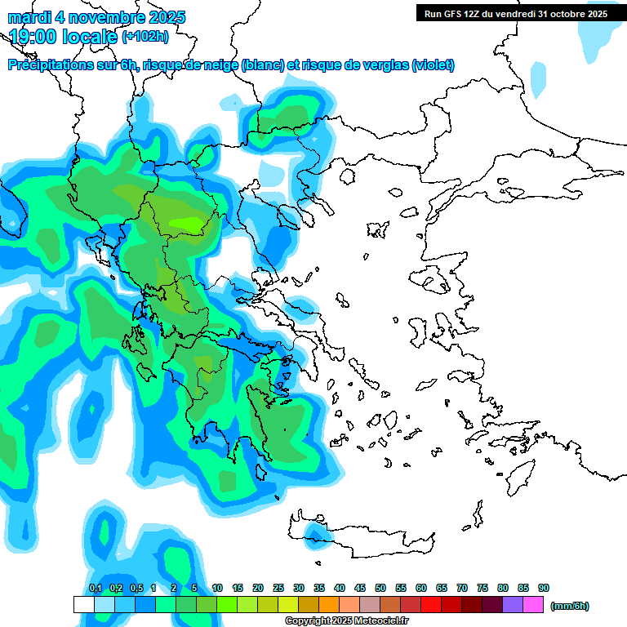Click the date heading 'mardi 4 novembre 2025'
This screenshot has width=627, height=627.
(x=97, y=17)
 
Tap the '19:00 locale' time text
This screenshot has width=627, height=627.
(x=64, y=36)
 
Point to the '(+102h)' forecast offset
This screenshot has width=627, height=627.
(x=145, y=36)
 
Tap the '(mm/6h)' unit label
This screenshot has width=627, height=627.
(x=569, y=606)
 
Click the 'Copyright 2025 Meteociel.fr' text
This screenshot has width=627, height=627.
(x=347, y=620)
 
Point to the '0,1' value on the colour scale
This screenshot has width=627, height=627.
(x=95, y=588)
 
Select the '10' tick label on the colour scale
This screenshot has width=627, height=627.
(x=217, y=588)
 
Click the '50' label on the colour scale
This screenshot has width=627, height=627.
(x=380, y=588)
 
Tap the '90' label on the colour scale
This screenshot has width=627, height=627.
(x=544, y=588)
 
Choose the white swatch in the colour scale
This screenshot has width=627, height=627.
(x=84, y=605)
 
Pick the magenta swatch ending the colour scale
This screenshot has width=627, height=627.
(x=533, y=605)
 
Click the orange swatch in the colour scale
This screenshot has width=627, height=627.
(x=329, y=605)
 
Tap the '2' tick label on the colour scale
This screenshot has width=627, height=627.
(x=174, y=588)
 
